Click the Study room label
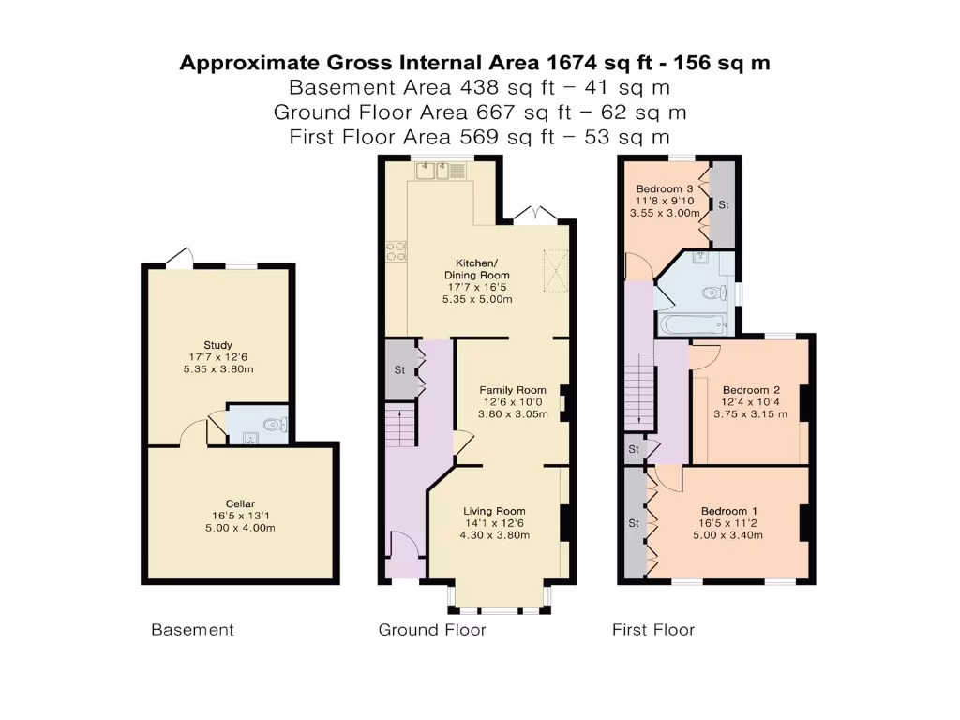[x=217, y=345]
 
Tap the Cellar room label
[x=240, y=504]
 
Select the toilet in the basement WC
[x=272, y=425]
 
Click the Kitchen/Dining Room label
[x=477, y=268]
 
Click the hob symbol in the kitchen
[x=395, y=251]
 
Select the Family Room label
[x=513, y=390]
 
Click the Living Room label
[x=494, y=511]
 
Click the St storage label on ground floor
[x=397, y=368]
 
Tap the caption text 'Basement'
[x=192, y=630]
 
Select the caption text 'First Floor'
[x=653, y=630]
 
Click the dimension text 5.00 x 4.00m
[x=240, y=529]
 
